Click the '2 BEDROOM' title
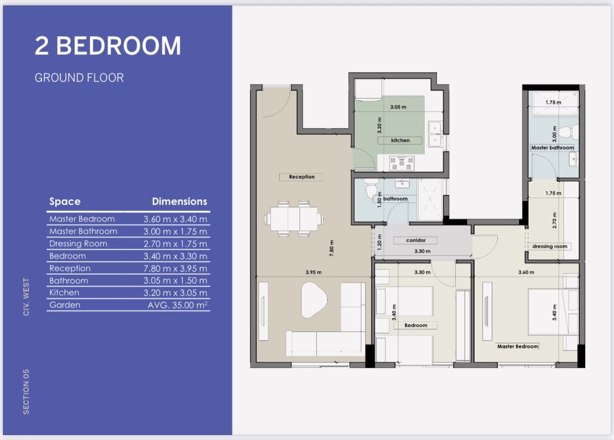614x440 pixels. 108,46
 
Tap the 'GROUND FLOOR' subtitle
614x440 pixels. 79,78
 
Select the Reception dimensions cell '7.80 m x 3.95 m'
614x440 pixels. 175,268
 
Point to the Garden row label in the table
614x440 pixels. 65,305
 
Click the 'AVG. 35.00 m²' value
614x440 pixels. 177,305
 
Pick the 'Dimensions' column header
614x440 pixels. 179,202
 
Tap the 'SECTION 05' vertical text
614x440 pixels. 26,392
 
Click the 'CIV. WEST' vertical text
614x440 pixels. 26,297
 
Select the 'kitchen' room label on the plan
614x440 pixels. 400,140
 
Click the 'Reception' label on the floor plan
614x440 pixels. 302,177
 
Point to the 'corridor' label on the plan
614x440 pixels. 416,240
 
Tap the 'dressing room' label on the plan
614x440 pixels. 550,246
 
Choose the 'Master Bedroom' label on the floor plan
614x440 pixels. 518,346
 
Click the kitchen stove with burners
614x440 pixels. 401,163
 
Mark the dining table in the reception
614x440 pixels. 294,219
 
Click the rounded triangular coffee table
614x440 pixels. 313,300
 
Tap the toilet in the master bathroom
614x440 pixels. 568,132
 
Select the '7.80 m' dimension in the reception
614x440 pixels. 332,248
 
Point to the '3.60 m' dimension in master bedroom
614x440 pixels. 526,272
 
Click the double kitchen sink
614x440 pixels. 436,134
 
